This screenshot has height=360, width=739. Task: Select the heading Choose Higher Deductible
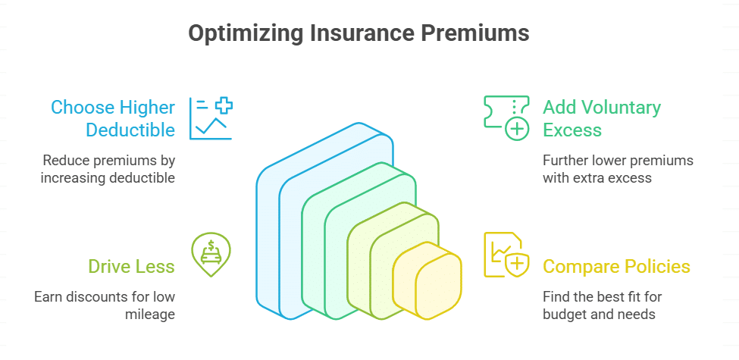(113, 118)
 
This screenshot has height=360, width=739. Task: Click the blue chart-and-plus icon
(211, 118)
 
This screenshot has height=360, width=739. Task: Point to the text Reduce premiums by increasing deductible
(108, 169)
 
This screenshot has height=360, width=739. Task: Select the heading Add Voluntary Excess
(602, 118)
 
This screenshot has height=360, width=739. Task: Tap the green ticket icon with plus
(506, 118)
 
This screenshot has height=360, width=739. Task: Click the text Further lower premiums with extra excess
(618, 169)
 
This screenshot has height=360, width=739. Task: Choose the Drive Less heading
(131, 266)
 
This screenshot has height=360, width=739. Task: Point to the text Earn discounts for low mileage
(105, 304)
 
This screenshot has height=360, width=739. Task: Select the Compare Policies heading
(616, 266)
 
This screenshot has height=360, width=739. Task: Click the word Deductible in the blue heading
(130, 130)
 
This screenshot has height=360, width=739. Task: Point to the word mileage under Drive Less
(151, 313)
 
